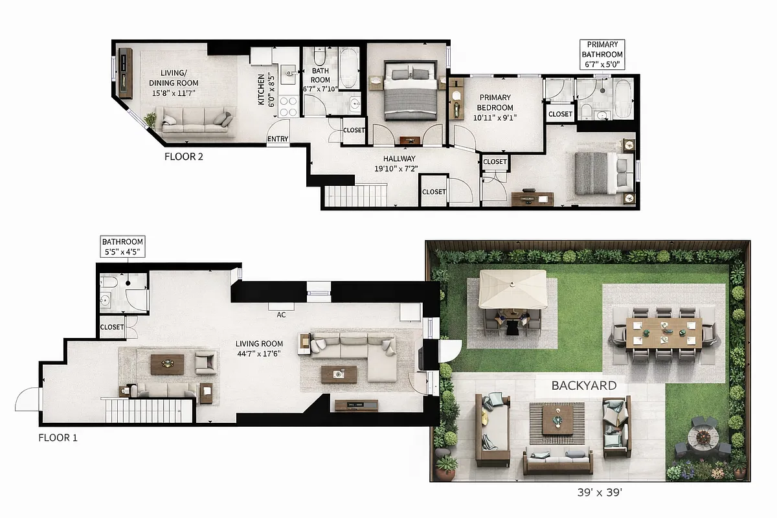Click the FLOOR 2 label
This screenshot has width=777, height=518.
(184, 156)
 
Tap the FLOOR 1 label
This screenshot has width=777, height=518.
(58, 438)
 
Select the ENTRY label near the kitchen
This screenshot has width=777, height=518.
(278, 139)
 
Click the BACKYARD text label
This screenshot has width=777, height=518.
(583, 385)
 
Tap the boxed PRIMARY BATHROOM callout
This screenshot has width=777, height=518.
(602, 54)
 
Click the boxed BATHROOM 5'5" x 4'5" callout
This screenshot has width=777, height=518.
(122, 247)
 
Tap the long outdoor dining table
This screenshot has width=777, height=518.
(664, 330)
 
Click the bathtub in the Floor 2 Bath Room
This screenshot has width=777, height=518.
(350, 67)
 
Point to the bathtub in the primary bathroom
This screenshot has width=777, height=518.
(624, 99)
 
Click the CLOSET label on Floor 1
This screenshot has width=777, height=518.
(112, 327)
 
